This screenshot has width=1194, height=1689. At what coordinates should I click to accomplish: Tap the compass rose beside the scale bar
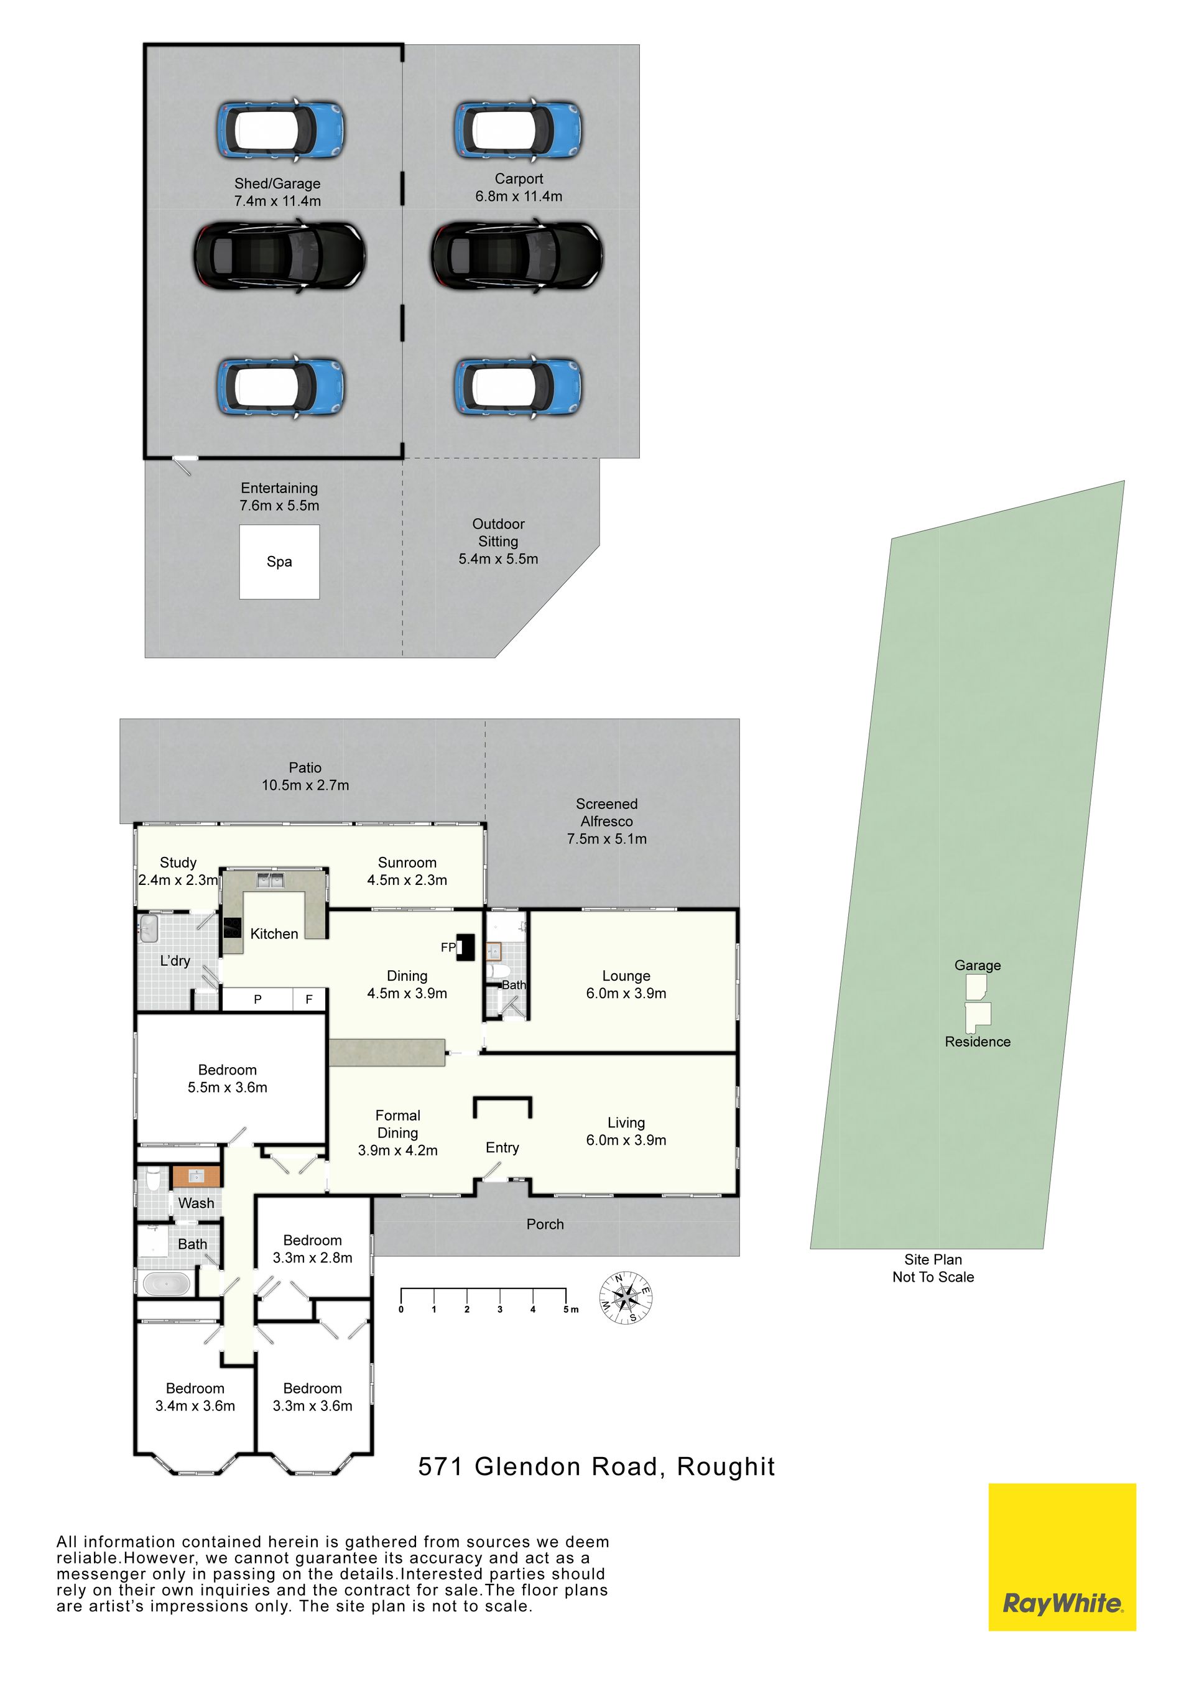tap(626, 1298)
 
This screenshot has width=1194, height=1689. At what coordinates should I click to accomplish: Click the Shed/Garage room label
tap(277, 183)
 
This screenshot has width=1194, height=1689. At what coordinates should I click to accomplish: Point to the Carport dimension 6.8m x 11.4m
tap(519, 197)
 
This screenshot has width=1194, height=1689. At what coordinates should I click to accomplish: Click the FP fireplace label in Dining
tap(448, 948)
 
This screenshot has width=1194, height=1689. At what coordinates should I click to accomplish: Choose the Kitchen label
tap(274, 933)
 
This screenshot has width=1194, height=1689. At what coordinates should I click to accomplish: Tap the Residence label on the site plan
tap(978, 1042)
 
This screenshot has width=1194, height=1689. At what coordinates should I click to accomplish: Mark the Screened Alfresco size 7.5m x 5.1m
tap(606, 839)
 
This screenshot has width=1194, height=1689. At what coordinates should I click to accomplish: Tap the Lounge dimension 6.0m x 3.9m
tap(626, 993)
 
